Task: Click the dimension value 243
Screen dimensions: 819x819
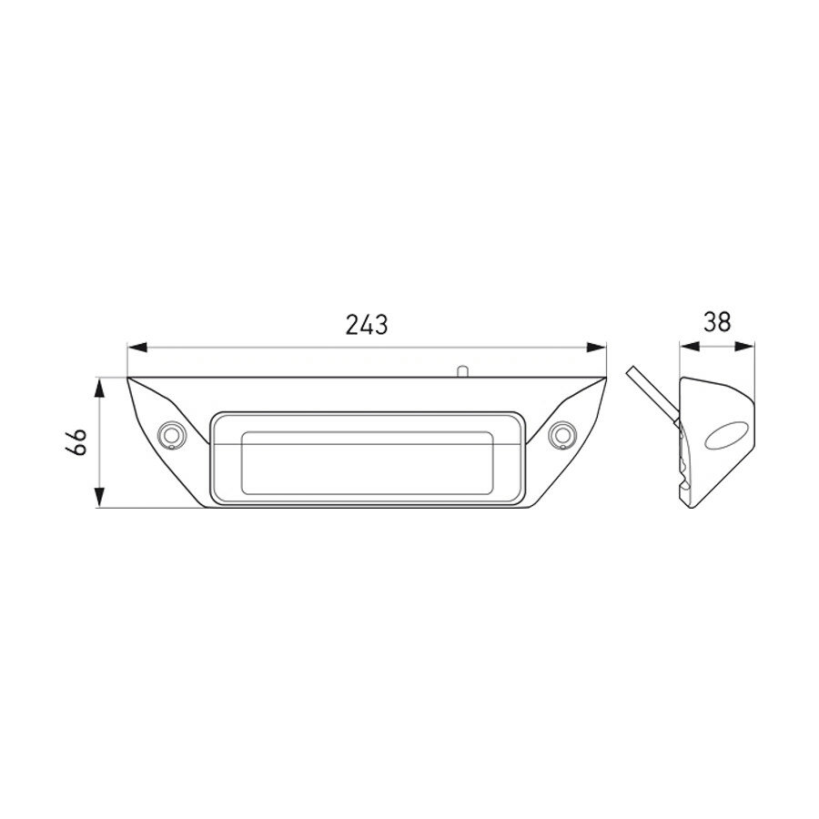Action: click(368, 324)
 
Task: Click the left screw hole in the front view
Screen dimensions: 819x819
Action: click(169, 435)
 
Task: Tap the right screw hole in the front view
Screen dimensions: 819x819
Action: click(563, 435)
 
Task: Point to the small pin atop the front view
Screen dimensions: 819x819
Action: click(462, 370)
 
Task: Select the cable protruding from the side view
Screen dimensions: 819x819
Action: click(650, 395)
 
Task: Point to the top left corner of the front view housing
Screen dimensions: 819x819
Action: click(128, 378)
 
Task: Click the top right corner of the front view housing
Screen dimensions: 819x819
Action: click(606, 378)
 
